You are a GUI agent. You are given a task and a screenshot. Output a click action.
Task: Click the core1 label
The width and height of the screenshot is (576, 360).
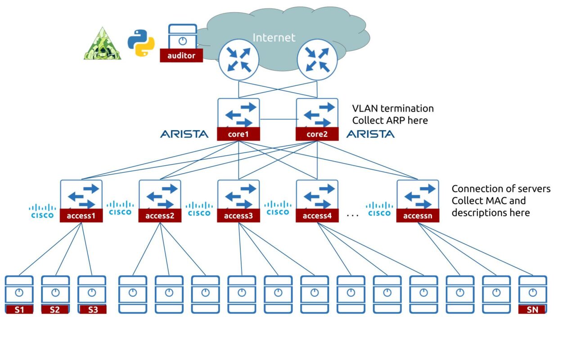click(x=238, y=134)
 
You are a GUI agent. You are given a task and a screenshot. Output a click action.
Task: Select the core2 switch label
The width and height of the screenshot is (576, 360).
click(x=317, y=134)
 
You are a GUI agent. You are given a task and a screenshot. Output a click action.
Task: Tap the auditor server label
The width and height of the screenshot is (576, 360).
click(x=181, y=56)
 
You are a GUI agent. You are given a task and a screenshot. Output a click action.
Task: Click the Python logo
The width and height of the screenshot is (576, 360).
click(x=141, y=43)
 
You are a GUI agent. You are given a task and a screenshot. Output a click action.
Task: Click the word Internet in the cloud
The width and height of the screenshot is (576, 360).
click(x=274, y=37)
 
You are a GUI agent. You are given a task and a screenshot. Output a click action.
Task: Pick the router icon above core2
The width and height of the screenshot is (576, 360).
click(x=318, y=60)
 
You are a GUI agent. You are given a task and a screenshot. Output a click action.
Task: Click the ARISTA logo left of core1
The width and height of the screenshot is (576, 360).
click(x=184, y=134)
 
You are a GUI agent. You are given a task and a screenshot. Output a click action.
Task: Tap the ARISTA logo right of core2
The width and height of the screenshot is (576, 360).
click(x=370, y=134)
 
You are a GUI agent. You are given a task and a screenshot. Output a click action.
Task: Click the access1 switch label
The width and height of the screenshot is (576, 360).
click(x=81, y=216)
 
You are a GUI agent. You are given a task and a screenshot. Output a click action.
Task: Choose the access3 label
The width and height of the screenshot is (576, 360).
click(x=238, y=216)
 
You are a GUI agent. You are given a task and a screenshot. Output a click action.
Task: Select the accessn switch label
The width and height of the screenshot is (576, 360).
click(x=418, y=216)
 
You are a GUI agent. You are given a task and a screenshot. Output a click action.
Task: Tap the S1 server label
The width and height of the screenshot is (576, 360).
click(x=19, y=309)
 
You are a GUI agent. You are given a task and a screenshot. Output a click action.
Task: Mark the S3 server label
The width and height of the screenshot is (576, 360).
click(x=92, y=309)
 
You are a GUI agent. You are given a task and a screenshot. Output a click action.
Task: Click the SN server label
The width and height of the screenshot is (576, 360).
click(x=532, y=309)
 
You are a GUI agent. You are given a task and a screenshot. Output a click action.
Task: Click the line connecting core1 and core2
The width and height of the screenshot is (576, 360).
click(x=278, y=119)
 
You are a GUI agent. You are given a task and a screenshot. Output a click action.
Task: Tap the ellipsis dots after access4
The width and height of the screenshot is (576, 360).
click(x=353, y=216)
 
